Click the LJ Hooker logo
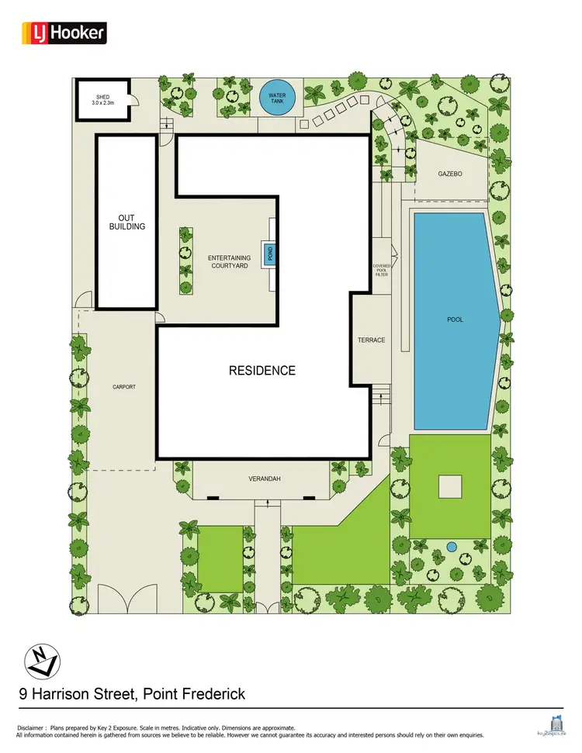pos(64,33)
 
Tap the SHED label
pos(102,98)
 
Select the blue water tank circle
pos(277,100)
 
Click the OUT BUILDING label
pos(126,222)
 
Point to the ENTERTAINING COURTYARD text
pos(228,261)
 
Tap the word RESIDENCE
pos(262,371)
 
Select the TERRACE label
pos(371,340)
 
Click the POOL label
pos(455,320)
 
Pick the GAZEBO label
pos(450,174)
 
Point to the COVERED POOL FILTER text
pos(380,270)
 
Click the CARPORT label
pos(123,386)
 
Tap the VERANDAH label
pos(265,479)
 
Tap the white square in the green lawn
pos(451,486)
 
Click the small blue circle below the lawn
pos(452,547)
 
